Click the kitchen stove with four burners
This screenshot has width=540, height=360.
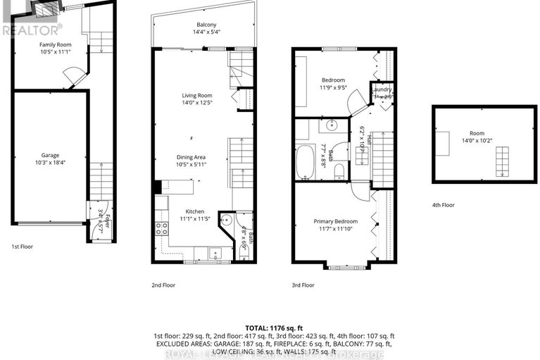[x=161, y=228]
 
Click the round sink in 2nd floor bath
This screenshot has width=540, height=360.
[x=226, y=220]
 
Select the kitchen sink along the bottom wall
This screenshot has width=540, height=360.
[x=214, y=252]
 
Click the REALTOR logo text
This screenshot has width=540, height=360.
[x=32, y=30]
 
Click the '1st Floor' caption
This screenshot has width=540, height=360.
[x=23, y=247]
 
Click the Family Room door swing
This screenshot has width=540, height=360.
[x=71, y=73]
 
